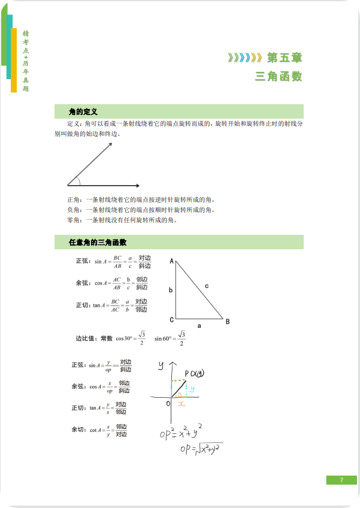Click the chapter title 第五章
(284, 58)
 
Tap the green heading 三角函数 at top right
(279, 77)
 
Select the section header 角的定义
(83, 111)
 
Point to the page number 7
(341, 480)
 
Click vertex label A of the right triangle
(171, 262)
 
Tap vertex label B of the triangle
(228, 322)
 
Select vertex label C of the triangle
(171, 319)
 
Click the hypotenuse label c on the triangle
(207, 286)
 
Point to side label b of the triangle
(171, 291)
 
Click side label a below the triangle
(199, 327)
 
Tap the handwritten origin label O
(168, 403)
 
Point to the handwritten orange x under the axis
(180, 404)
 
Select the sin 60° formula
(170, 338)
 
